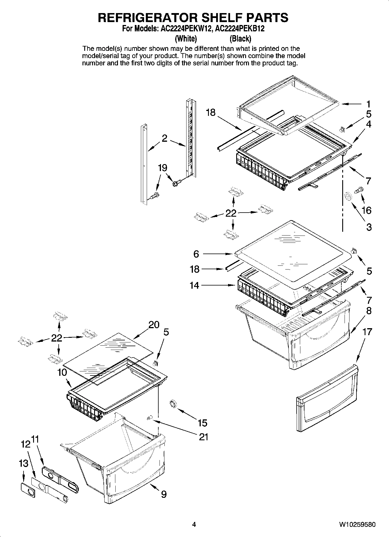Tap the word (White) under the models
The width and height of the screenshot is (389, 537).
click(186, 39)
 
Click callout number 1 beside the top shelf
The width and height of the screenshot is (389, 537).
click(368, 104)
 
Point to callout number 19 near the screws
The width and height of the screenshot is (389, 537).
click(162, 168)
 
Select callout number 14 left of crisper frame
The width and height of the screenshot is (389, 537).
click(194, 285)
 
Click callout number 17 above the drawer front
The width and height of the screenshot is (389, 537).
click(367, 331)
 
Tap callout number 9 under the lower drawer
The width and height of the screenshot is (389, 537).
click(164, 494)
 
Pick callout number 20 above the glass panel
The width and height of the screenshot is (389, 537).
click(154, 325)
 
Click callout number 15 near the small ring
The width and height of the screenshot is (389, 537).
click(202, 423)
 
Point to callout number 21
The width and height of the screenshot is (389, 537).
click(203, 437)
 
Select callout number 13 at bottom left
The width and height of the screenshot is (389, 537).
click(24, 464)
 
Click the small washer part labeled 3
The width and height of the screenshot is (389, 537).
click(347, 197)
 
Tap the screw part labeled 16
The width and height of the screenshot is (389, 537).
click(358, 190)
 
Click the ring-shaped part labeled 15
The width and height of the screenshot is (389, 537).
click(173, 404)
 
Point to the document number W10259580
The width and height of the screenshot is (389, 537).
click(357, 525)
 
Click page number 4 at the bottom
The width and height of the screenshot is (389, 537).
click(194, 525)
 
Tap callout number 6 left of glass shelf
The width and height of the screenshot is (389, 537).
click(196, 254)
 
